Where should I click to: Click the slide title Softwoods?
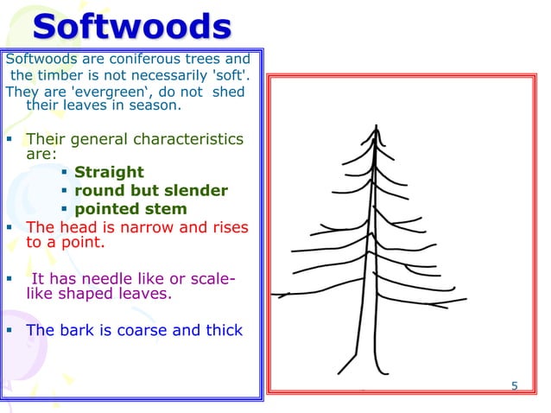[131, 28]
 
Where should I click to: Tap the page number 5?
[515, 385]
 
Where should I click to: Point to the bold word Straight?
[109, 172]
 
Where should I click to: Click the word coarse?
[141, 329]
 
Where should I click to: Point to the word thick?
[223, 329]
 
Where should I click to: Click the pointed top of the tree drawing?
[376, 126]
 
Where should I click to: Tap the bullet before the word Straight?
[65, 172]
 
